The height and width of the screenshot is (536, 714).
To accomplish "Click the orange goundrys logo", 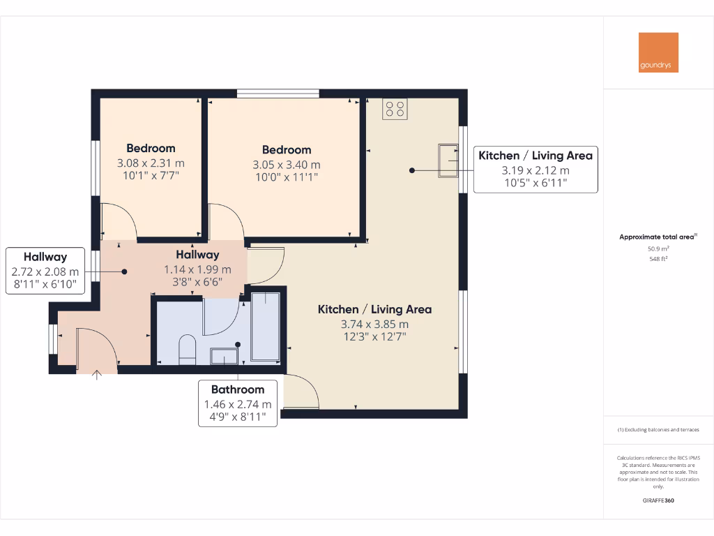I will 658,52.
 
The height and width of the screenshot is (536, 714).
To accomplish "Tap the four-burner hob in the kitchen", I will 395,108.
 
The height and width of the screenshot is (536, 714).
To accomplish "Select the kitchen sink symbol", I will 448,161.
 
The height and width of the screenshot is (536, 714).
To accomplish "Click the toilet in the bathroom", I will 188,350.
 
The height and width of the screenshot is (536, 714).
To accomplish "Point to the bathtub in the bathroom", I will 265,327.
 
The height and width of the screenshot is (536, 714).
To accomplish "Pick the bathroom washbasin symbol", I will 224,356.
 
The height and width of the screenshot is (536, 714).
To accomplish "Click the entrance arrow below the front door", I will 97,375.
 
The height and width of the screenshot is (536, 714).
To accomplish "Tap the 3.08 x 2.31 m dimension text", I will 151,163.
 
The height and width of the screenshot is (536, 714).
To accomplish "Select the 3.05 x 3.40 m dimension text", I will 287,165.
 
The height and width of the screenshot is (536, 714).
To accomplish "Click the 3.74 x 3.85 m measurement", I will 374,324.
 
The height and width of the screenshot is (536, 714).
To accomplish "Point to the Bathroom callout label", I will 238,389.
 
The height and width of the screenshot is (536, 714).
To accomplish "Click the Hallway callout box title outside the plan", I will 45,257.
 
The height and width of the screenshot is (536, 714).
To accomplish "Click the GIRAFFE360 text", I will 658,500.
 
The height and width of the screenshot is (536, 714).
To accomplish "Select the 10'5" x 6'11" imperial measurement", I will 535,183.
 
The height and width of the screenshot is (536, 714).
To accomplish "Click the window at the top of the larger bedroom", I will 278,93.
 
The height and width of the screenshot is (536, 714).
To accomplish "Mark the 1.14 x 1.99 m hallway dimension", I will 197,269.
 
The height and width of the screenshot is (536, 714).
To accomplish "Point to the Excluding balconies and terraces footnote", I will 658,430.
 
